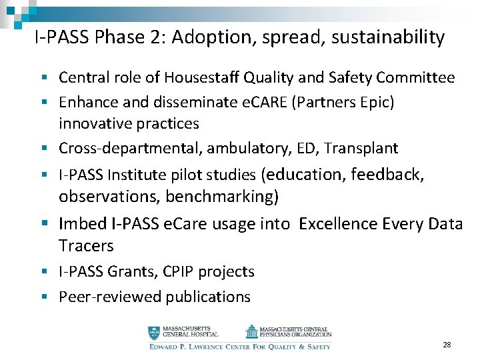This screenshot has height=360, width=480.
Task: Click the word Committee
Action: coord(415,78)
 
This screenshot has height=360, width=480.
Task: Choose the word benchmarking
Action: coord(219,197)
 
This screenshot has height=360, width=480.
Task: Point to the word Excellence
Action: coord(339,223)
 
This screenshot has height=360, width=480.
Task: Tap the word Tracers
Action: coord(86,245)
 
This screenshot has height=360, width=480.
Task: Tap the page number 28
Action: coord(447,345)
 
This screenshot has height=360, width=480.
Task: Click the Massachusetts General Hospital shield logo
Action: coord(154,332)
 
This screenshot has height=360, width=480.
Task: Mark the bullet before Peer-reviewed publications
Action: coord(50,297)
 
